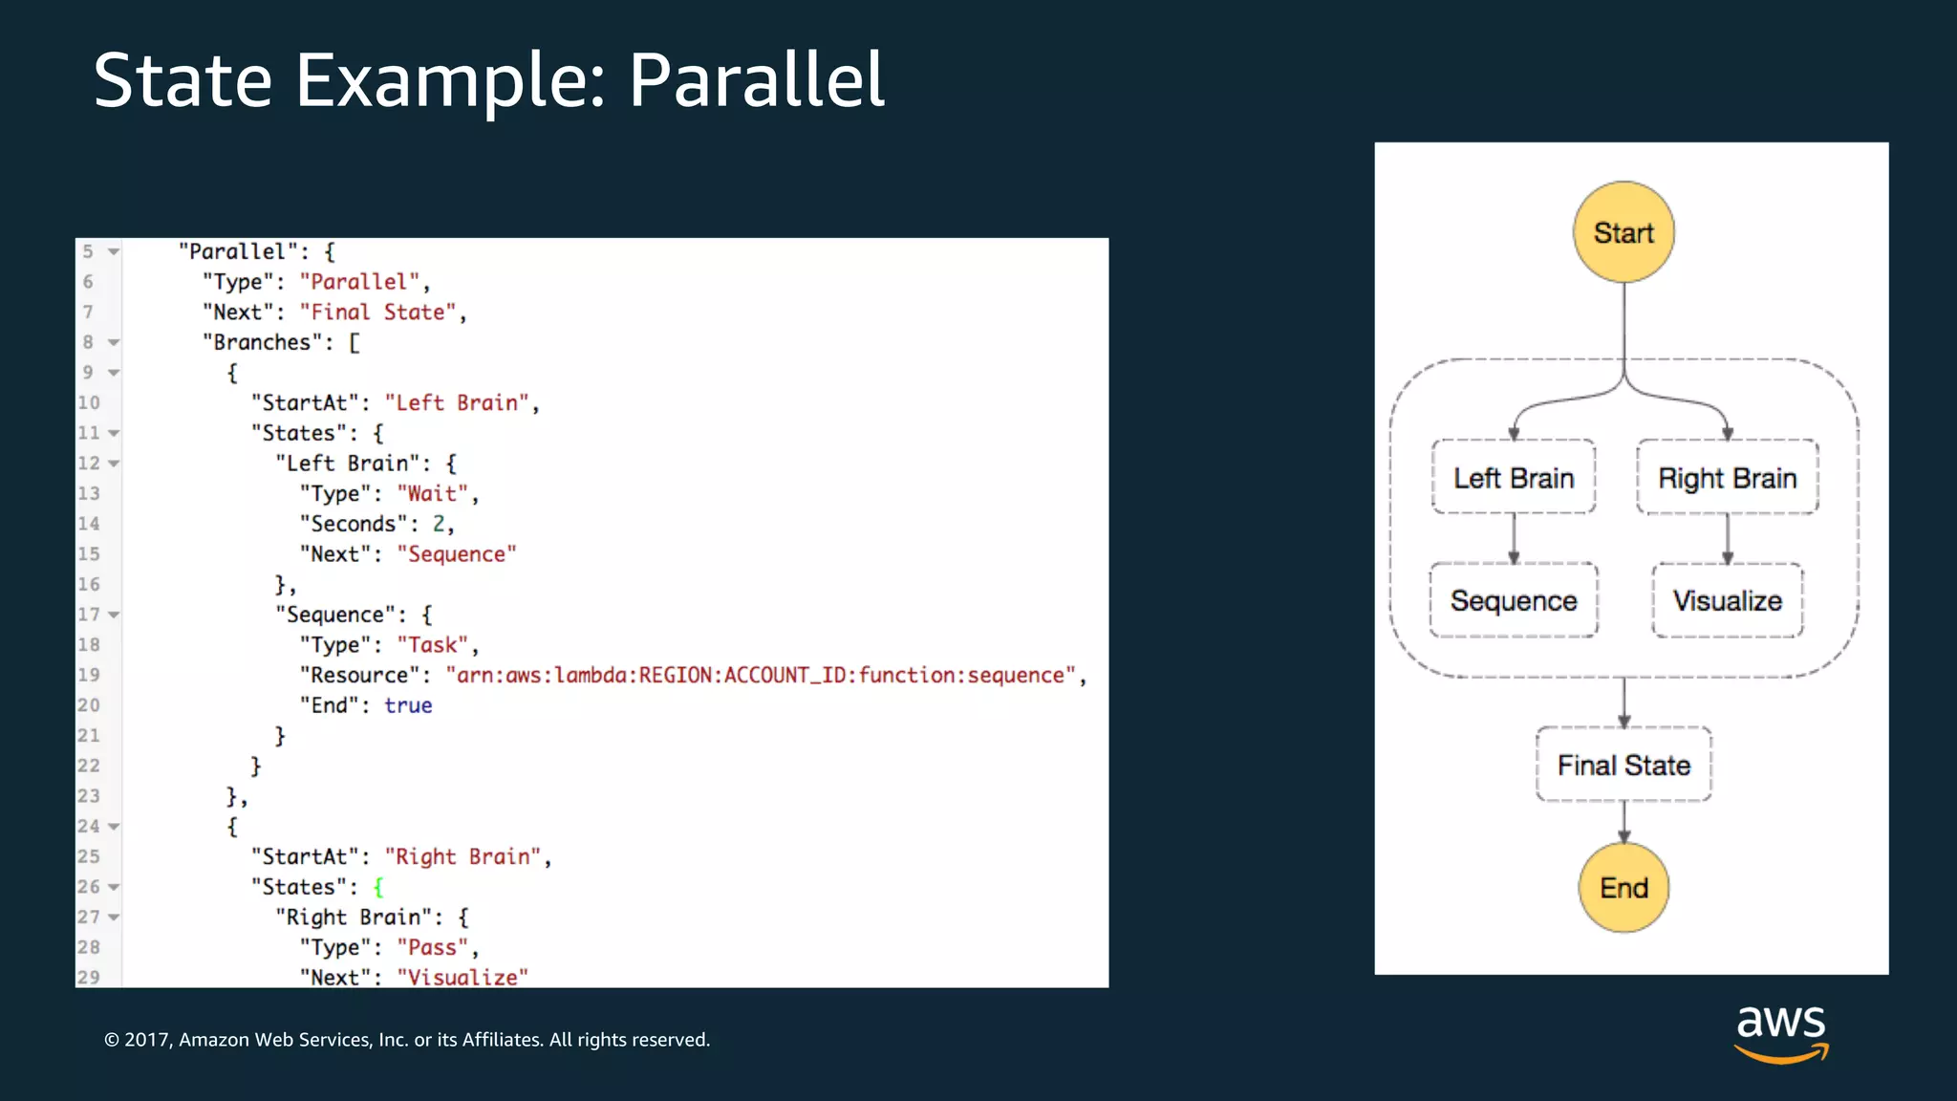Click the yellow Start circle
(1624, 232)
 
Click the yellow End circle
(1624, 888)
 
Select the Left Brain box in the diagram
(1514, 478)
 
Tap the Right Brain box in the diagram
(1727, 478)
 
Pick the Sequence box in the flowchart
(1514, 600)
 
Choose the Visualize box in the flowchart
(1727, 600)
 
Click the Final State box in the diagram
(1624, 765)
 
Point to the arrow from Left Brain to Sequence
(1514, 539)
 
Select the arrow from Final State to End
(1624, 822)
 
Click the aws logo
(1781, 1032)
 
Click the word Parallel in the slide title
(756, 80)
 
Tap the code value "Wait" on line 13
(432, 494)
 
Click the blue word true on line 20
(408, 705)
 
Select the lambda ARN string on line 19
(760, 676)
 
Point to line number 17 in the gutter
(89, 615)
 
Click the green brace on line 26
(378, 887)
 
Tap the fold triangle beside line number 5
(114, 252)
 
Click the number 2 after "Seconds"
(439, 524)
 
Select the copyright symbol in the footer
(112, 1040)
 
